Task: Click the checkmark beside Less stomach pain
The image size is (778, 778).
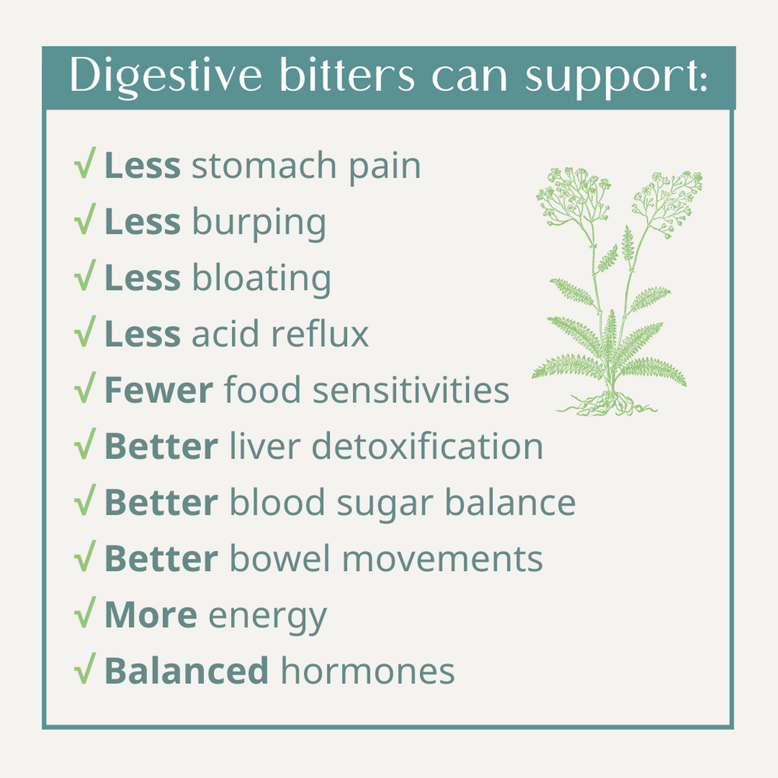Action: point(85,166)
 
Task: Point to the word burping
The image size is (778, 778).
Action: point(258,224)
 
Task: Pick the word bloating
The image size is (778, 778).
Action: point(261,279)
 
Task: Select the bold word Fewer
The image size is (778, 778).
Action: point(158,391)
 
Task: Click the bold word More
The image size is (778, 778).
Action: point(150,615)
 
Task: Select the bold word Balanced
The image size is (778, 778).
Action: point(187,671)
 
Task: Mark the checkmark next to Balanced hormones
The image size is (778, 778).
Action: point(85,668)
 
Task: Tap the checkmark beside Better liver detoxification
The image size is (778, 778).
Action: point(85,446)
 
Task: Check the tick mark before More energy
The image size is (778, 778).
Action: point(85,614)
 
